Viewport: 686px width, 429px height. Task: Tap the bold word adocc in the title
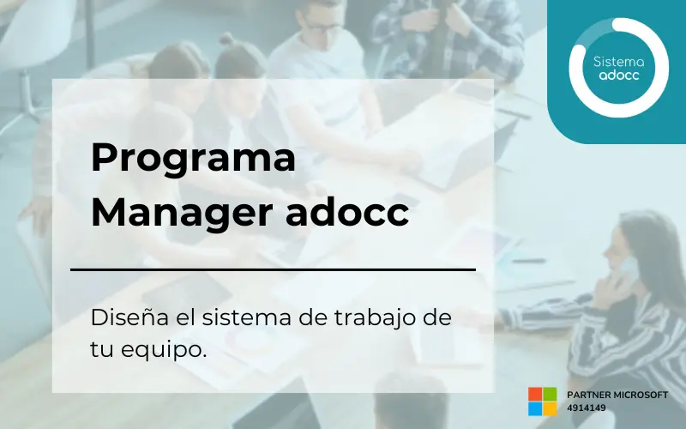(x=347, y=211)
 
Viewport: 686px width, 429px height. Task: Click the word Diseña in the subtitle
(x=129, y=317)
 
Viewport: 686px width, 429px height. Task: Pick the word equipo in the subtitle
(x=163, y=350)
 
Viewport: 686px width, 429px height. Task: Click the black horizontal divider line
(x=273, y=269)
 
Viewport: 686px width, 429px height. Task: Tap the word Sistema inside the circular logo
(x=618, y=62)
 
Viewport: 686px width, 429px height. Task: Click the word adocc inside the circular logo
(x=618, y=75)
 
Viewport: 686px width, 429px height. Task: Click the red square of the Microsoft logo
(x=535, y=394)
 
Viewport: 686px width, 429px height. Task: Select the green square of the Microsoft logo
(x=550, y=394)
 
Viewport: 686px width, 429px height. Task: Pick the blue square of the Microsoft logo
(x=535, y=408)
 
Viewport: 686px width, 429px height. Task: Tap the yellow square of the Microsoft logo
(x=550, y=408)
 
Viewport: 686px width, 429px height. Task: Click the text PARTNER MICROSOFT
(x=617, y=395)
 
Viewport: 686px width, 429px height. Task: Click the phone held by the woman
(x=629, y=269)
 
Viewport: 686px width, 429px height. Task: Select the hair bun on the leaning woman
(x=227, y=39)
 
